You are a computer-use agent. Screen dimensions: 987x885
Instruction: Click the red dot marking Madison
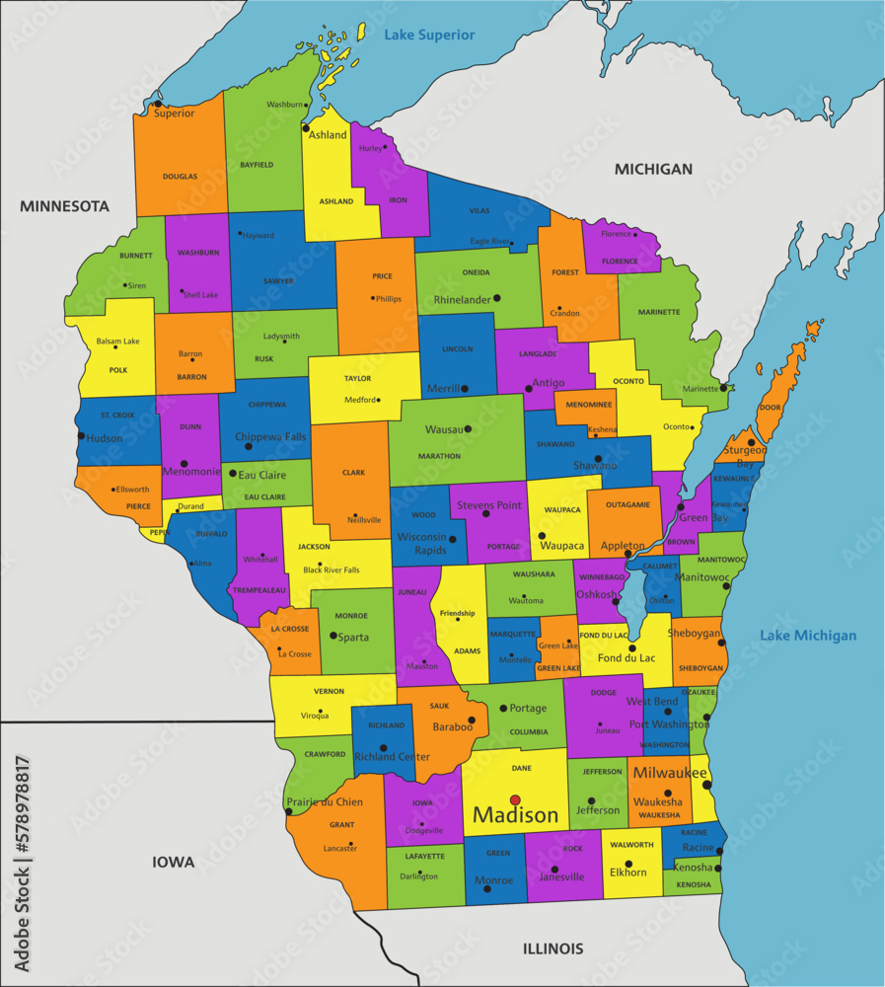coord(514,799)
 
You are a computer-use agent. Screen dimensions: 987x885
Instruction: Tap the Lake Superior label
coord(429,36)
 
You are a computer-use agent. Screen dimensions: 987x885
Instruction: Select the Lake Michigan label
coord(808,636)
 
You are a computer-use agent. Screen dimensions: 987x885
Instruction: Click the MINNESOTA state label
coord(64,206)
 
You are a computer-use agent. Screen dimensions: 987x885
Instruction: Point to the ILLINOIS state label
coord(553,949)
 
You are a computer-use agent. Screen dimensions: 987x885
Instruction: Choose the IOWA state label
coord(173,862)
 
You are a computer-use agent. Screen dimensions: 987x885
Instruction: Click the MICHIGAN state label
coord(653,169)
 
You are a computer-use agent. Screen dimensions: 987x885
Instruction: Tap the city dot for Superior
coord(157,103)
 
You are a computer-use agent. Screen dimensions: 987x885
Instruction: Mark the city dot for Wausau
coord(468,429)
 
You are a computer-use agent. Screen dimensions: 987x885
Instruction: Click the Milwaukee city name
coord(670,772)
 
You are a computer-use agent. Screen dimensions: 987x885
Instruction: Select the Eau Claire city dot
coord(233,474)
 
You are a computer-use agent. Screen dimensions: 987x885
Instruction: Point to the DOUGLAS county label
coord(180,177)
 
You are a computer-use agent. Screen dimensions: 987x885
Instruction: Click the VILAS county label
coord(479,210)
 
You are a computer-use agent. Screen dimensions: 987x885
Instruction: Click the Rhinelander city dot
coord(497,298)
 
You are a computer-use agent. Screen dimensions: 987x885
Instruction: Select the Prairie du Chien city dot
coord(288,813)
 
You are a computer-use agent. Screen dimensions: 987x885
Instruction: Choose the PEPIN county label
coord(156,532)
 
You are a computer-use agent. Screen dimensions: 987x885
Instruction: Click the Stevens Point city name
coord(488,505)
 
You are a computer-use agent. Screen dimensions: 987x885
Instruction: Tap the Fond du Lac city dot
coord(632,648)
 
